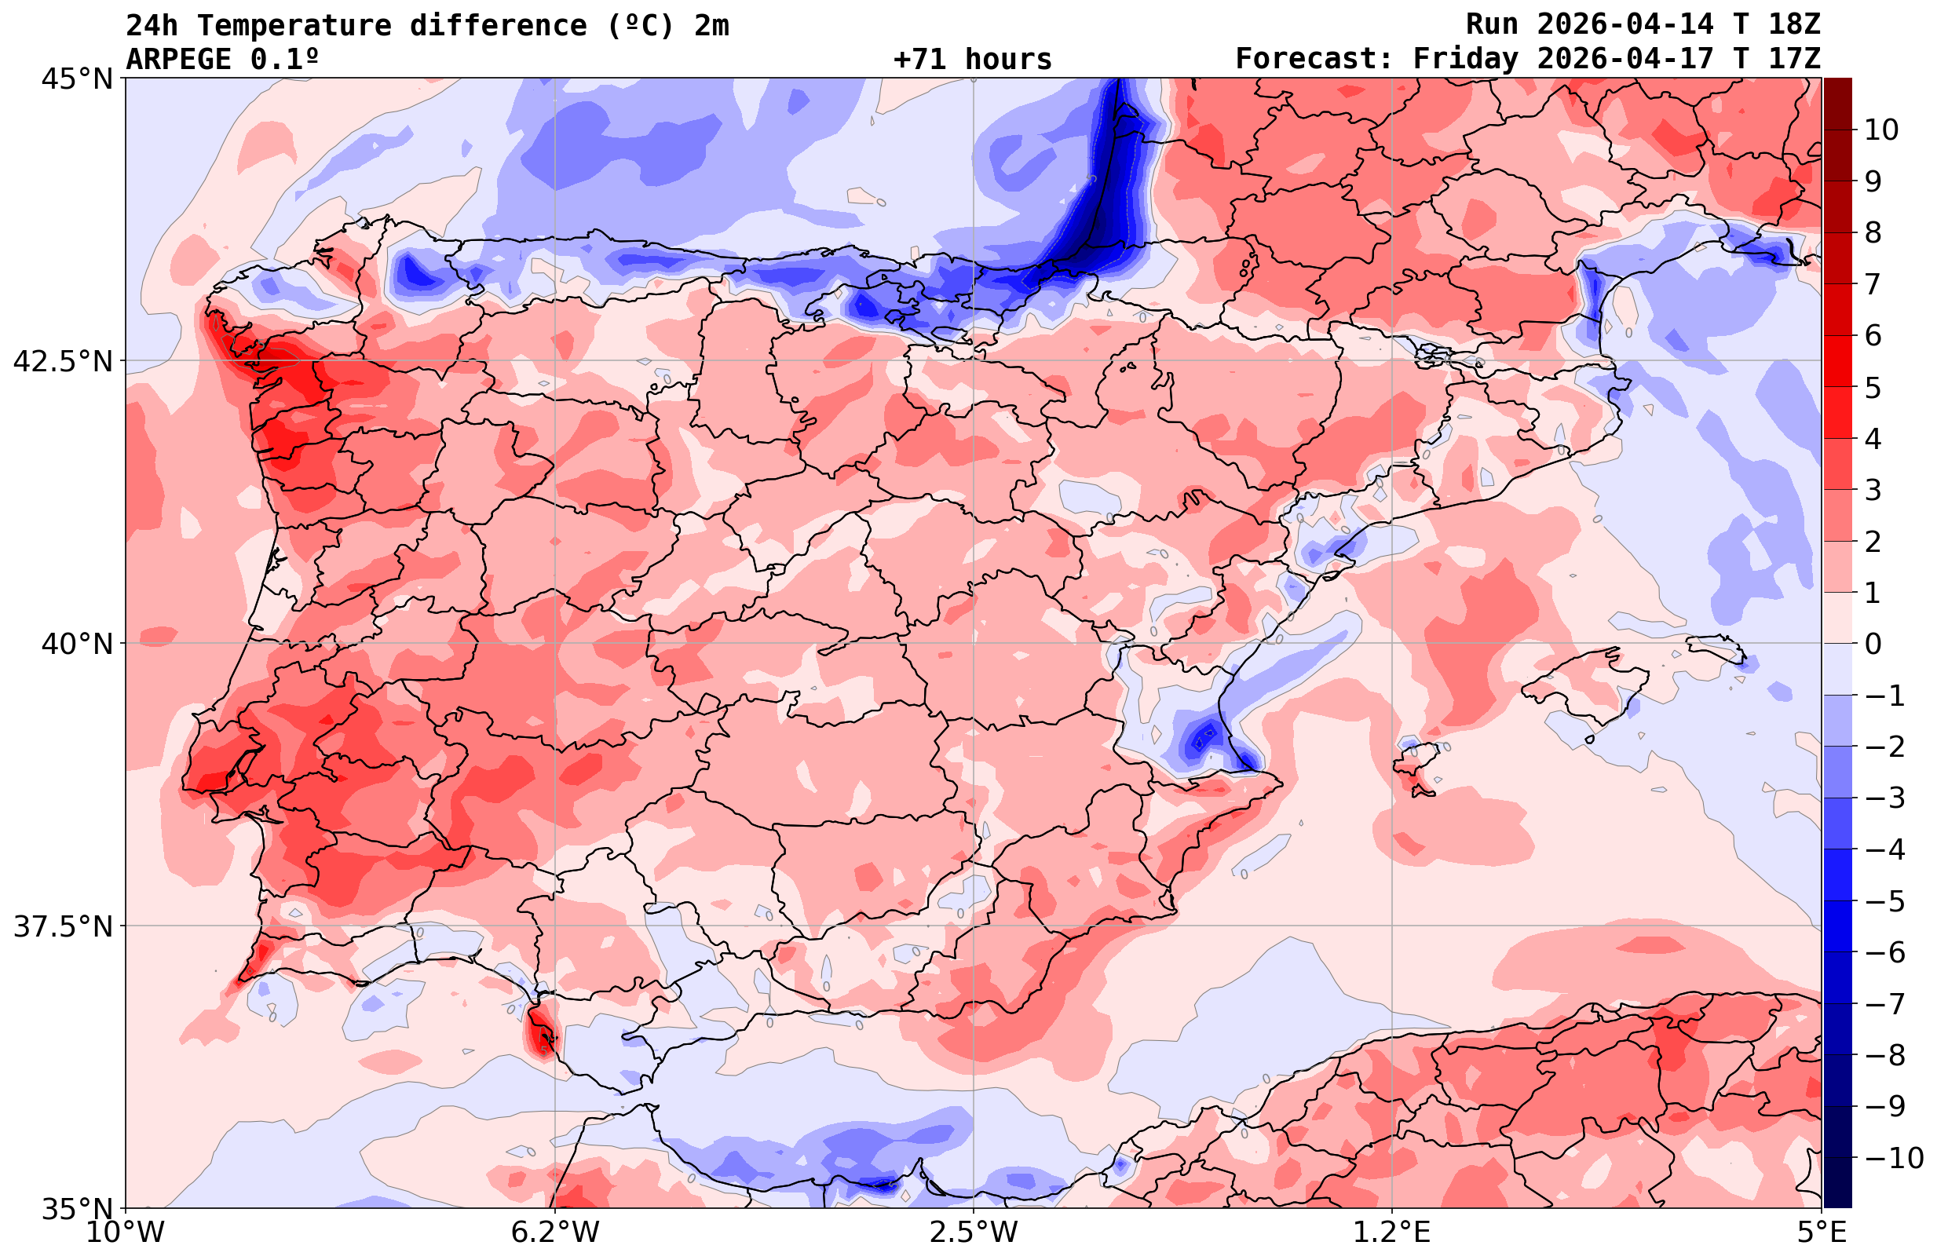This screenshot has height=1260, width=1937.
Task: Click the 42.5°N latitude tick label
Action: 63,361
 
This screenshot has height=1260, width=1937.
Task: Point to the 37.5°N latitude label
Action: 63,926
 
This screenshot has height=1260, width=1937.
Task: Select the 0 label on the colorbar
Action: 1873,644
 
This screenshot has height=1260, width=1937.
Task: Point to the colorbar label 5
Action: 1873,388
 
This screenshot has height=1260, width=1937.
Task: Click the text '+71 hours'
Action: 973,60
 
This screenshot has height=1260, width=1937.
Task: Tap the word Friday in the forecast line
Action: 1465,60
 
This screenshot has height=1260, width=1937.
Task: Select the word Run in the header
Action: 1492,25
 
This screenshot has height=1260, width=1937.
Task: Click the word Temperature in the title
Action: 302,25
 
